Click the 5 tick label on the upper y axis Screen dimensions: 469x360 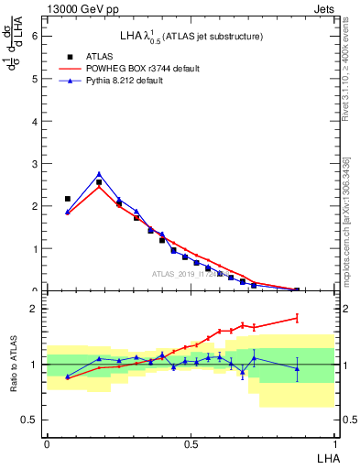pyautogui.click(x=36, y=79)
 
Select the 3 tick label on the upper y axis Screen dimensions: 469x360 pyautogui.click(x=36, y=164)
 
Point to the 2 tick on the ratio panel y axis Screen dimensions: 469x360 pyautogui.click(x=36, y=310)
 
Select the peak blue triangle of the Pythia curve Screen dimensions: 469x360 pyautogui.click(x=99, y=174)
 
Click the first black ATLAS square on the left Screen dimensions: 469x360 pyautogui.click(x=67, y=199)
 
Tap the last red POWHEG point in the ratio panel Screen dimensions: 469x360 pyautogui.click(x=297, y=318)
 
